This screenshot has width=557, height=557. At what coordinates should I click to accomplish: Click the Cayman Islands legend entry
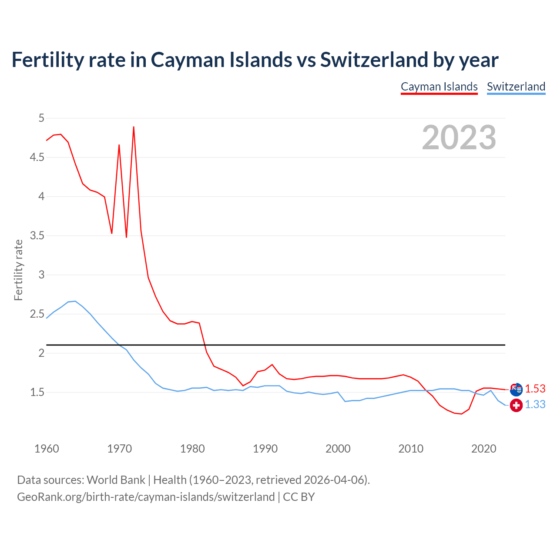tap(439, 87)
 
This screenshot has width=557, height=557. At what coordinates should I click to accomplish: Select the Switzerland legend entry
tap(516, 87)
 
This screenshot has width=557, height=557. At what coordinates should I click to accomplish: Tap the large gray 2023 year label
tap(459, 138)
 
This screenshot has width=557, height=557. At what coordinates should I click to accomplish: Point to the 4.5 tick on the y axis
tap(37, 157)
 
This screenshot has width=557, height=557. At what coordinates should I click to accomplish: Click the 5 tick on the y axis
tap(41, 118)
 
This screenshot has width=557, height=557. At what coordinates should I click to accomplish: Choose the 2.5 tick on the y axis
tap(37, 314)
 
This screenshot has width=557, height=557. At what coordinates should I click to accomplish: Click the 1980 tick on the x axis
tap(192, 449)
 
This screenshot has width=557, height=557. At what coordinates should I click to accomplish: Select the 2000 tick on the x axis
tap(338, 449)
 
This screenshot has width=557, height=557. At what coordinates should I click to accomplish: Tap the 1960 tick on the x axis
tap(47, 449)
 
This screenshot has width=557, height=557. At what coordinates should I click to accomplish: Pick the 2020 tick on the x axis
tap(483, 449)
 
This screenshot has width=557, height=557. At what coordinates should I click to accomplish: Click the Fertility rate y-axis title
tap(18, 270)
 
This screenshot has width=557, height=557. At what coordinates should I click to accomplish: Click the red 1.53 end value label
tap(535, 389)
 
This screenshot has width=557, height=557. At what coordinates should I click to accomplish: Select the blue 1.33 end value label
tap(535, 404)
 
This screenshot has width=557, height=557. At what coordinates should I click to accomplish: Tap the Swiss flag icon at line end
tap(516, 406)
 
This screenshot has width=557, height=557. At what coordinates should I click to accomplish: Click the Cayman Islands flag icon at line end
tap(516, 389)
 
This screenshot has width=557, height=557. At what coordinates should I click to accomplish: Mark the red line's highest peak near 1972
tap(134, 127)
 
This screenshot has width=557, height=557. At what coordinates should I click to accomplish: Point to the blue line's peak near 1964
tap(75, 301)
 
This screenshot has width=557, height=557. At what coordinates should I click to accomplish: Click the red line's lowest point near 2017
tap(462, 414)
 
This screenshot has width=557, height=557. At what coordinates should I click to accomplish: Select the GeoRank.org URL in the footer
tap(146, 497)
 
